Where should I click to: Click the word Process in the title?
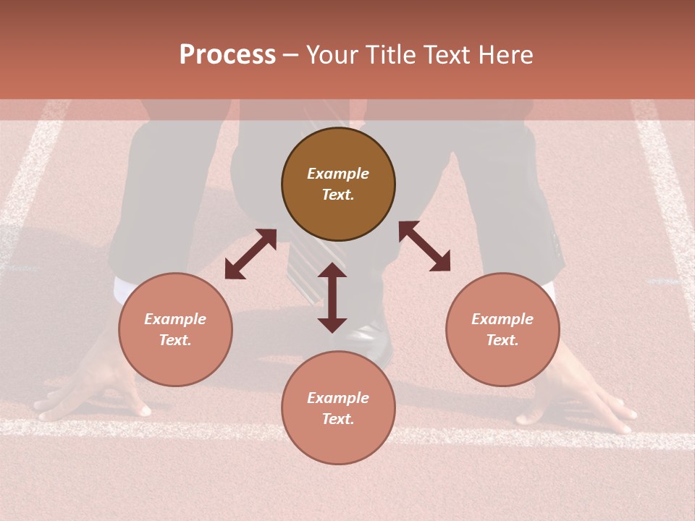[227, 55]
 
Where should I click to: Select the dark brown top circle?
[338, 184]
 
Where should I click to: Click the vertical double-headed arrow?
[332, 297]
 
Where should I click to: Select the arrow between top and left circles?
[250, 254]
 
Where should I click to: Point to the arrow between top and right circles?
[424, 246]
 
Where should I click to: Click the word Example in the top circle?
[338, 174]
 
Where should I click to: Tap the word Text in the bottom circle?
[338, 419]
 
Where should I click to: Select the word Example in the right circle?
[502, 319]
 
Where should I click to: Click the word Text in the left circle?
[175, 340]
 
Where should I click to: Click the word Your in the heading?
[332, 55]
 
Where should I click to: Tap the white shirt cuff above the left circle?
[123, 289]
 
